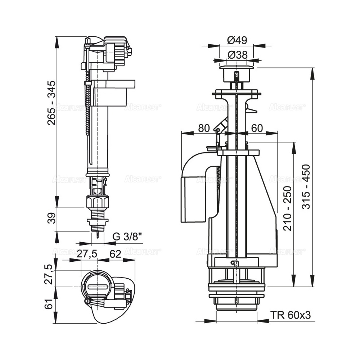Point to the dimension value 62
click(x=115, y=254)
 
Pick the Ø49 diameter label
click(x=237, y=41)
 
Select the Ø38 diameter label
click(x=237, y=55)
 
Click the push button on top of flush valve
click(x=237, y=70)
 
